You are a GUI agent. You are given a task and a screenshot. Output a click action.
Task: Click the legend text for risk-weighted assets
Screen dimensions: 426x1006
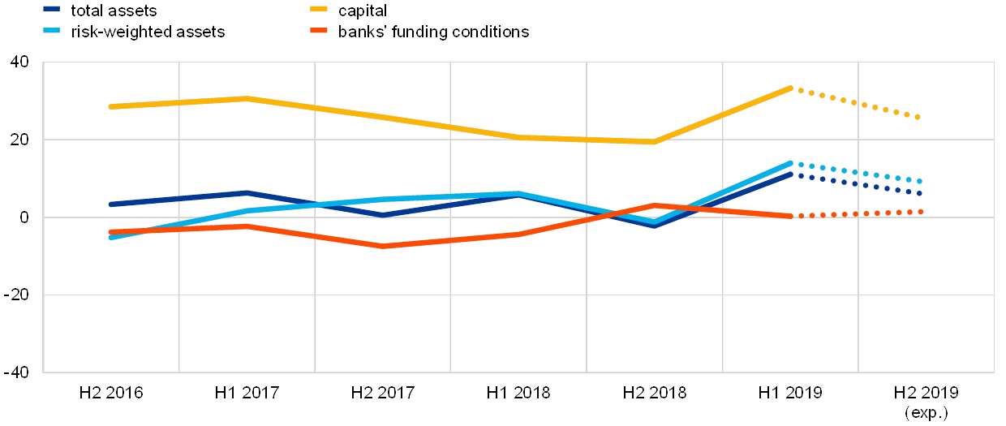click(x=148, y=32)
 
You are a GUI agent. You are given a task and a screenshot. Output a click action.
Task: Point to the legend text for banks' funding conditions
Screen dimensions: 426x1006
click(x=434, y=32)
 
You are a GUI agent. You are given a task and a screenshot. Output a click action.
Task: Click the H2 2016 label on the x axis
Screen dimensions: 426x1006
click(x=118, y=394)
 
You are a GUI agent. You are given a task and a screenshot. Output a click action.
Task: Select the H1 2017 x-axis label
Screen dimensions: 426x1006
click(x=254, y=394)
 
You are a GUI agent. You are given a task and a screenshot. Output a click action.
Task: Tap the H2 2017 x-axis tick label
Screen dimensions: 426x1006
click(x=390, y=394)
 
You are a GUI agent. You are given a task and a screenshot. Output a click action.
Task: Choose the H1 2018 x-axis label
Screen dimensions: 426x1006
click(x=526, y=394)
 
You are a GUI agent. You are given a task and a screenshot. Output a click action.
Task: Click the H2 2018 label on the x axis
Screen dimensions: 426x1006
click(x=662, y=394)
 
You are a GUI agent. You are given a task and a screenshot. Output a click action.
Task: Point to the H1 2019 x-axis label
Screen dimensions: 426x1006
click(x=797, y=394)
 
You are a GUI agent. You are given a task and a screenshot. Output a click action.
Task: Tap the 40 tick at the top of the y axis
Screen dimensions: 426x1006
click(x=21, y=62)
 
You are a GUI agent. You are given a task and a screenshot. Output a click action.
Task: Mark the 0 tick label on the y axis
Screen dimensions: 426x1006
click(x=25, y=217)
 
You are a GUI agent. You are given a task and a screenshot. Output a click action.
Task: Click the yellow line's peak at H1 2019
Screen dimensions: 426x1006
click(x=790, y=88)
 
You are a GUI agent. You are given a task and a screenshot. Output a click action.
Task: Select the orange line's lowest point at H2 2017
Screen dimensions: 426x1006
click(x=382, y=246)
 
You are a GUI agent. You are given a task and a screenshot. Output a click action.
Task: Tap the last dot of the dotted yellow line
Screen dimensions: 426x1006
click(x=918, y=118)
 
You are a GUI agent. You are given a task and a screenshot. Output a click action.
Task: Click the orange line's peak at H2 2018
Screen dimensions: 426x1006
click(x=655, y=206)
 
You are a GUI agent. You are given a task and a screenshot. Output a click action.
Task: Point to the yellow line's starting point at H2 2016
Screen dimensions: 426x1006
click(x=110, y=106)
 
